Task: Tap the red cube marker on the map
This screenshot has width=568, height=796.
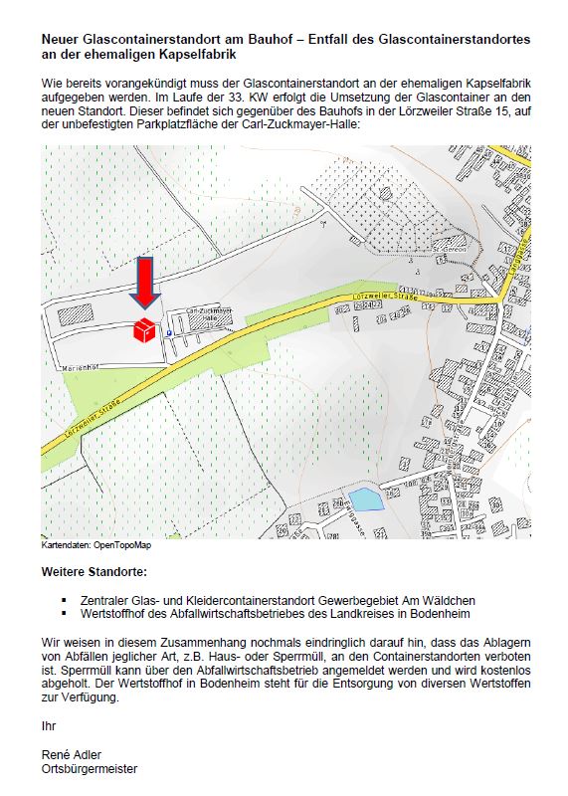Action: (x=145, y=329)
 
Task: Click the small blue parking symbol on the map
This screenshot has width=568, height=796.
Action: (x=169, y=334)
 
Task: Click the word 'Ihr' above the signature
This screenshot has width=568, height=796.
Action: (x=47, y=725)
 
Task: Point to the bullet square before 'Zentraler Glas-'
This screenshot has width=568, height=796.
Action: (x=64, y=600)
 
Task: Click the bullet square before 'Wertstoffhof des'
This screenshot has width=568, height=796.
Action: (x=64, y=614)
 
